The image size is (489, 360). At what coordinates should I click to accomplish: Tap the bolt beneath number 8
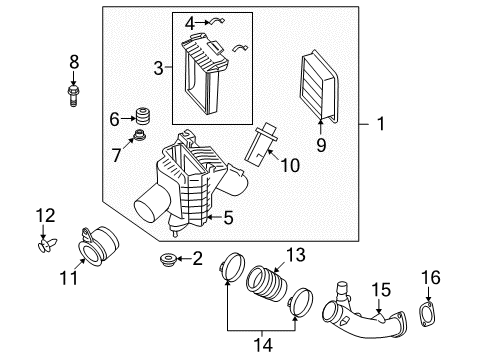(74, 93)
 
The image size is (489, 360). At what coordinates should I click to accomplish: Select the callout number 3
(158, 68)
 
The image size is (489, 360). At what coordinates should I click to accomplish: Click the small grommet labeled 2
(167, 262)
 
